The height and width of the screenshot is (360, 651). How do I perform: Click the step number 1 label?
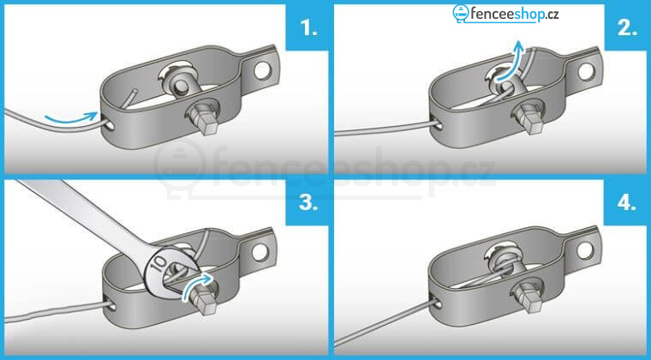[308, 27]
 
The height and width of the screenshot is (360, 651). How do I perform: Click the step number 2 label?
[627, 27]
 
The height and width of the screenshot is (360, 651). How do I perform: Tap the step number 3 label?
[308, 203]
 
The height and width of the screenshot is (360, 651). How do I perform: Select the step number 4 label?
[627, 203]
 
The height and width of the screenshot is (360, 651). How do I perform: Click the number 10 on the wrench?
[158, 265]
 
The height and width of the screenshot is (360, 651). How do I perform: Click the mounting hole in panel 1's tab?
[262, 71]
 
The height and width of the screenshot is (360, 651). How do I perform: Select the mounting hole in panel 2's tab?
[586, 72]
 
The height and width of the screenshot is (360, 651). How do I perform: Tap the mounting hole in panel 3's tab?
[260, 253]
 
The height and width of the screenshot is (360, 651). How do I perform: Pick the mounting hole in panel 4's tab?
[584, 249]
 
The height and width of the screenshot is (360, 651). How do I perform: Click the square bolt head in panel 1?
[206, 121]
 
